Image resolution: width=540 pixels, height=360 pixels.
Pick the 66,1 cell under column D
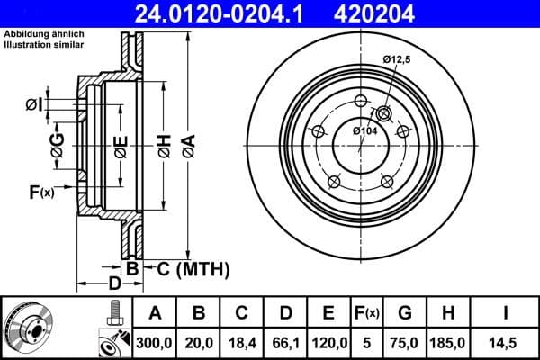pos(285,342)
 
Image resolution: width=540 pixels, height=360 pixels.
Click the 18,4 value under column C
pos(243,342)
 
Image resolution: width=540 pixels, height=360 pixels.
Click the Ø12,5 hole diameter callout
pos(397,59)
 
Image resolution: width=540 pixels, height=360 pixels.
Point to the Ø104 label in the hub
pos(364,131)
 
